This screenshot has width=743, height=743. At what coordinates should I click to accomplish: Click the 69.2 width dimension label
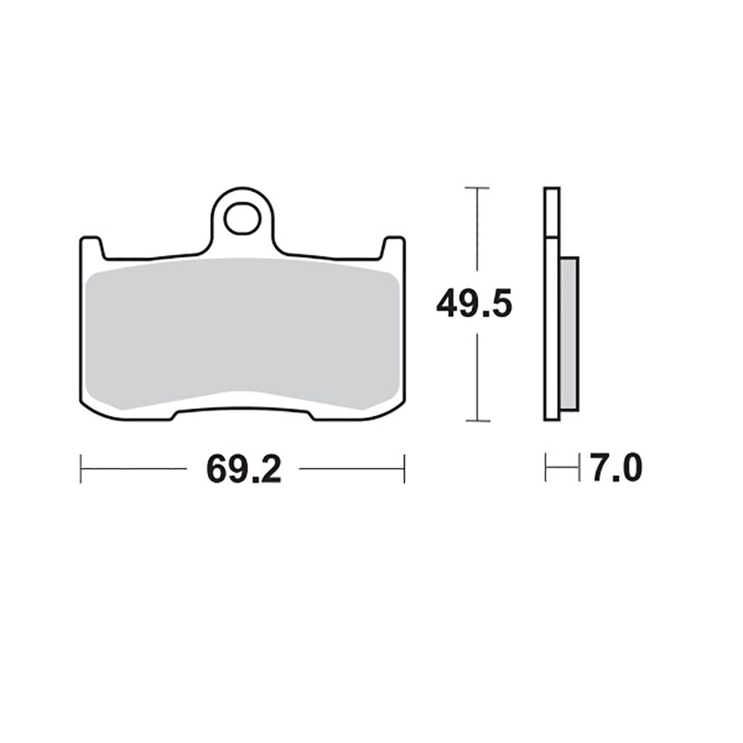pos(244,469)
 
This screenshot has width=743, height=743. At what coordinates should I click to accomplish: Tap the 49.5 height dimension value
pos(475,304)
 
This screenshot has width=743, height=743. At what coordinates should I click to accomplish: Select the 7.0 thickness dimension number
pos(616,468)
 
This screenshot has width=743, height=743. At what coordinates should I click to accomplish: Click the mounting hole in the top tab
pos(242,219)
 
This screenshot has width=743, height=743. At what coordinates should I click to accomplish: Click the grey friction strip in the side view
pos(569,334)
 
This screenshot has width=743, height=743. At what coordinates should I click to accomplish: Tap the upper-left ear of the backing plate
pos(92,248)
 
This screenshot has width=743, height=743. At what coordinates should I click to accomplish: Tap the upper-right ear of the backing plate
pos(393,248)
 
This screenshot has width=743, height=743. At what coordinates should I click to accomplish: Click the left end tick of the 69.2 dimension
pos(81,469)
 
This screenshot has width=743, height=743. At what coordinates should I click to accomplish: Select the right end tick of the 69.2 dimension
pos(404,469)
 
